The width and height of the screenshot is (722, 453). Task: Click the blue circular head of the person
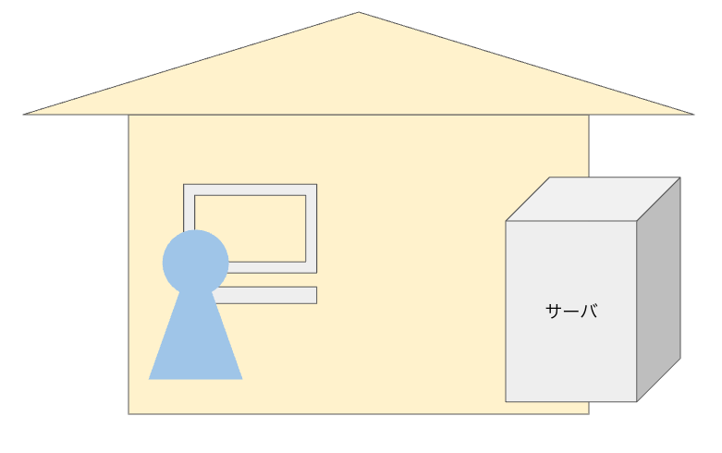(195, 262)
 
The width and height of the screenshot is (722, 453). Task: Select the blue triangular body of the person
(195, 347)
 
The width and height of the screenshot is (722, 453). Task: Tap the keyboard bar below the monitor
(268, 295)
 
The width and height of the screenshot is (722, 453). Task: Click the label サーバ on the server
(571, 312)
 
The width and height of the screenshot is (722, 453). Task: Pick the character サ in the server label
(554, 312)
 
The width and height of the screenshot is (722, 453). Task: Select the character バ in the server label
(588, 312)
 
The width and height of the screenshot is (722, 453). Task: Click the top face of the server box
(593, 199)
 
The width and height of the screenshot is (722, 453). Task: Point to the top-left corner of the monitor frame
(184, 185)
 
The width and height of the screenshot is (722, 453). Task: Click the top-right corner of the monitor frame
(316, 185)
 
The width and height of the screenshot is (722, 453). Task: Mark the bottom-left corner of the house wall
(128, 413)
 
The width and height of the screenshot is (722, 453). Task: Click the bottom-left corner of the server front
(506, 401)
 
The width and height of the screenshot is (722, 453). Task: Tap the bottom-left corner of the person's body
(150, 379)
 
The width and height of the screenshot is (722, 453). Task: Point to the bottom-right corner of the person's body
(241, 379)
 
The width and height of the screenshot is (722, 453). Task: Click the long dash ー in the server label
(571, 312)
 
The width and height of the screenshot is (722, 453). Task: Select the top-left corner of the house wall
(128, 116)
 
